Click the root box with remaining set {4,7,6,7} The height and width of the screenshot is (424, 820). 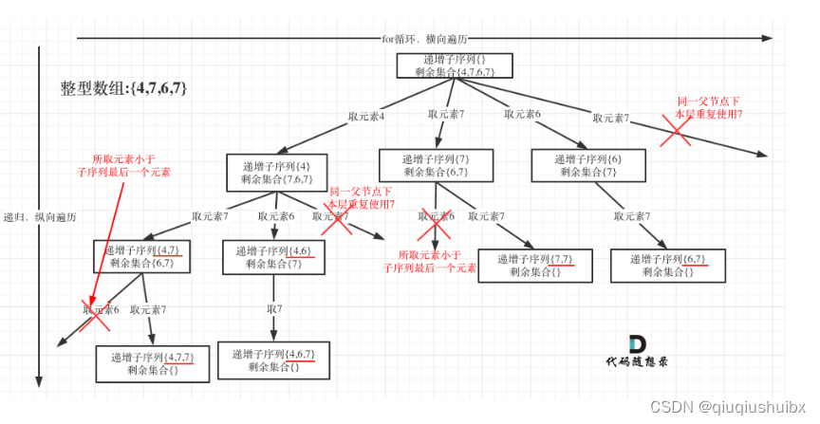455,65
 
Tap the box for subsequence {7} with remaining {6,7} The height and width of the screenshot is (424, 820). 436,166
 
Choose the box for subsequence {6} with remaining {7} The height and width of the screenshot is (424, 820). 587,166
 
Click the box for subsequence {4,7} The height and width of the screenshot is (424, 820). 142,256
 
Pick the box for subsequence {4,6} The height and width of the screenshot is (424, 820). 273,256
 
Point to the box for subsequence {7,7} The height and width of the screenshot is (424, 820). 535,266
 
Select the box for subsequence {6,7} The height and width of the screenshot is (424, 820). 668,266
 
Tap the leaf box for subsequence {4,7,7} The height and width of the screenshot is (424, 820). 152,363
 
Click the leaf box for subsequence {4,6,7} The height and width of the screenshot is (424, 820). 273,360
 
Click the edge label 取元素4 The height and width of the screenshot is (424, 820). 365,117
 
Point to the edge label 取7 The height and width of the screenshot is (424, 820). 274,309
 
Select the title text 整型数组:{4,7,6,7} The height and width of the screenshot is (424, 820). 123,87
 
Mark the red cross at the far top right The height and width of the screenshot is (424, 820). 676,133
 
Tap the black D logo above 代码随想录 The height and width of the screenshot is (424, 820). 638,344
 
